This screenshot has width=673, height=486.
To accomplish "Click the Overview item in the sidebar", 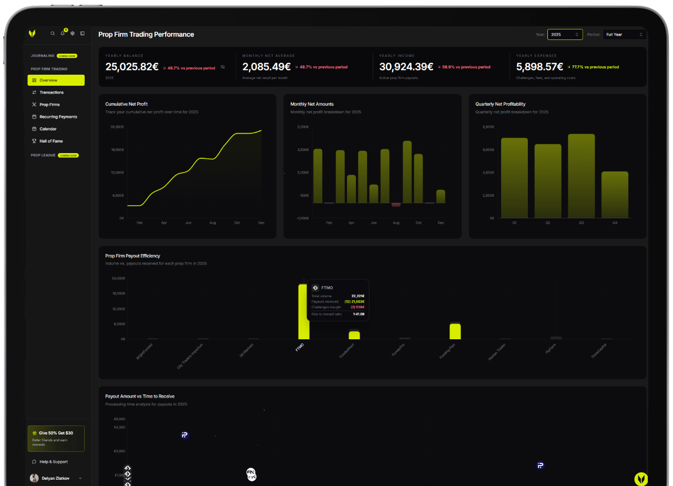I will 56,80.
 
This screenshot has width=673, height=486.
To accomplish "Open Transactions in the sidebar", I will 52,93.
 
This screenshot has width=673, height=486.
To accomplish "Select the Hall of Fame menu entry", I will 51,141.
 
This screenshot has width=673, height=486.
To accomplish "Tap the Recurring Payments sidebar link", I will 58,117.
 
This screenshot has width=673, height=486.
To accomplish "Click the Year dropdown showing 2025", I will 565,35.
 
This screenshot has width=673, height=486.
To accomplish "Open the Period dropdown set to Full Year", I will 624,35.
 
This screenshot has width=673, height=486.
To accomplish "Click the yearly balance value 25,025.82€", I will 132,67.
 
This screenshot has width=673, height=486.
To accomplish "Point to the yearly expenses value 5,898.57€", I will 539,67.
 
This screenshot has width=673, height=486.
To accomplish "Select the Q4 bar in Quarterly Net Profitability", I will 615,195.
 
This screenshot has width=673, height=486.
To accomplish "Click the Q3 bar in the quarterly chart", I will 581,176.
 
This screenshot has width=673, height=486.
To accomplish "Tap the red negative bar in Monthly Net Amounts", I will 396,205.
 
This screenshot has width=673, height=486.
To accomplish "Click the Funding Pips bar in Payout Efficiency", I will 455,331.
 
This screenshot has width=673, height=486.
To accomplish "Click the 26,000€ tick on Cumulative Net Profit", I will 117,127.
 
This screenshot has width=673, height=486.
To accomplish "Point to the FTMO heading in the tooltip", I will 327,288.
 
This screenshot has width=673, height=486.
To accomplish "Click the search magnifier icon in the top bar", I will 53,33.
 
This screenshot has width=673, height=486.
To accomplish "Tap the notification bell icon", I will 63,33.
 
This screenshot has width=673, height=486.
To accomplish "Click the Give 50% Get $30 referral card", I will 56,439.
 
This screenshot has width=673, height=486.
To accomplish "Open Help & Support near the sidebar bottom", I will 53,462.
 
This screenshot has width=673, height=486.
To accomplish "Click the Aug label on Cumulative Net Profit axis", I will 212,223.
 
